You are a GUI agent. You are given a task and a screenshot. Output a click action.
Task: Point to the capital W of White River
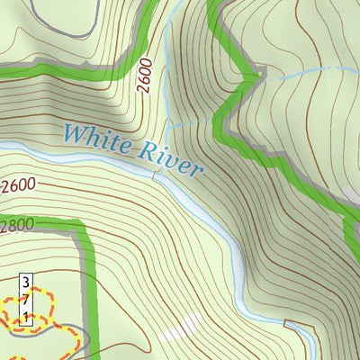point(75,135)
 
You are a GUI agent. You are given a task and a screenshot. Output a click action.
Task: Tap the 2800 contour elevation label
point(14,224)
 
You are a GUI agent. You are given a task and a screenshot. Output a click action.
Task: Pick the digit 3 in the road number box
point(27,283)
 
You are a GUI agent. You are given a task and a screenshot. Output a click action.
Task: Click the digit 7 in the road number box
point(27,300)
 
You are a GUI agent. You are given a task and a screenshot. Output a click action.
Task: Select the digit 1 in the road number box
point(27,316)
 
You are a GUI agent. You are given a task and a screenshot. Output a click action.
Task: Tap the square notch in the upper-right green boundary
point(261,72)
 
